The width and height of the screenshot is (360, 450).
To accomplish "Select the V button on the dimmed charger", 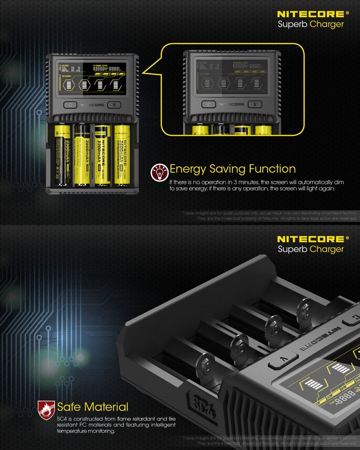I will pos(255,104).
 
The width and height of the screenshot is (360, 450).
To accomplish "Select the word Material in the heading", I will pos(105,407).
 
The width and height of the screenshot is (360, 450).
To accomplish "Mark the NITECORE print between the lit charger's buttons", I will pos(93,105).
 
